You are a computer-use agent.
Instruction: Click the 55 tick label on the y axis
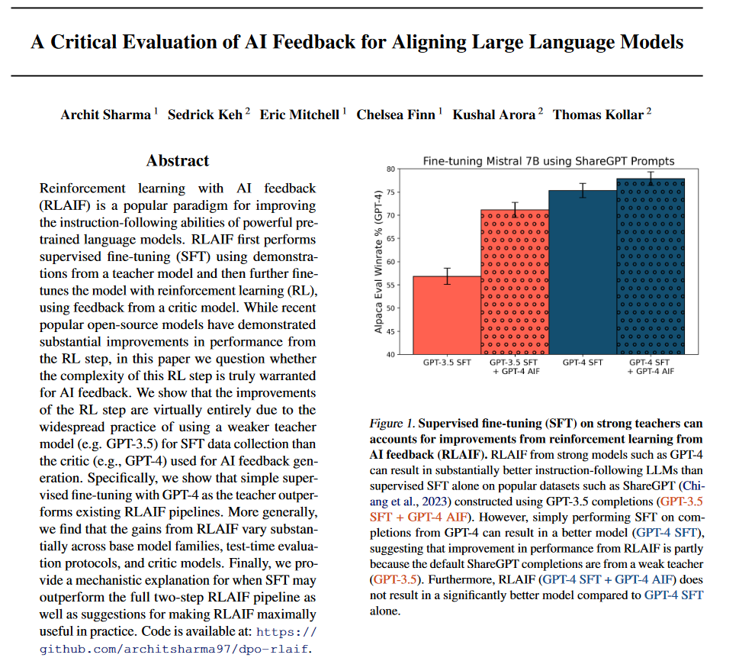coord(390,285)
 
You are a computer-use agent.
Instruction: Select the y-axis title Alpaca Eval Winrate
coord(378,261)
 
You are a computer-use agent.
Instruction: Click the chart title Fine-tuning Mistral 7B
coord(548,161)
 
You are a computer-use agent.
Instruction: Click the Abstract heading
coord(178,160)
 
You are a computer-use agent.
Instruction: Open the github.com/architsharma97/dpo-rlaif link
coord(176,650)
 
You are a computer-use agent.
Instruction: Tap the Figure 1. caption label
coord(392,423)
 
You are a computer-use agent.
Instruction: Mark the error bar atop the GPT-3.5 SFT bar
coord(447,276)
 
